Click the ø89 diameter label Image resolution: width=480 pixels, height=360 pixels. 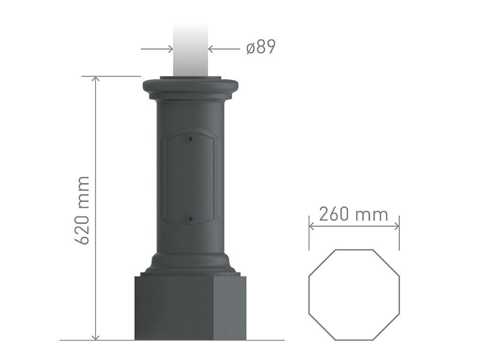tap(261, 47)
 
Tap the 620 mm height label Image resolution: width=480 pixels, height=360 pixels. tap(83, 210)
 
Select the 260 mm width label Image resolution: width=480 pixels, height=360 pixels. tap(353, 214)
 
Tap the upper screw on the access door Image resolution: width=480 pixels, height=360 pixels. tap(189, 139)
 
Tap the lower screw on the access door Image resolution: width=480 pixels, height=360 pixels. tap(189, 219)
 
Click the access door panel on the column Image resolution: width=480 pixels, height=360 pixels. tap(189, 178)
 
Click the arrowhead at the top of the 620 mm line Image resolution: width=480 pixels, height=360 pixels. tap(96, 80)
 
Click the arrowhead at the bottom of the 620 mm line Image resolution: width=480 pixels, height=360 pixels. tap(96, 337)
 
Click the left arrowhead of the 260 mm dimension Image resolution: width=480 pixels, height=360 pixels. tap(312, 225)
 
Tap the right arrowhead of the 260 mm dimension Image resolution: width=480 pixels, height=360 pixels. tap(396, 225)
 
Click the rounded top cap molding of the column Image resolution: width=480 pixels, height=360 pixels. tap(190, 87)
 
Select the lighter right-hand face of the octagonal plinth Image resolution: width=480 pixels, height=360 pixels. tap(229, 307)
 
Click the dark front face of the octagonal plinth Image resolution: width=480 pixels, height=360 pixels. tap(173, 307)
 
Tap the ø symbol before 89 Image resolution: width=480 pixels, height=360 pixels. tap(250, 48)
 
